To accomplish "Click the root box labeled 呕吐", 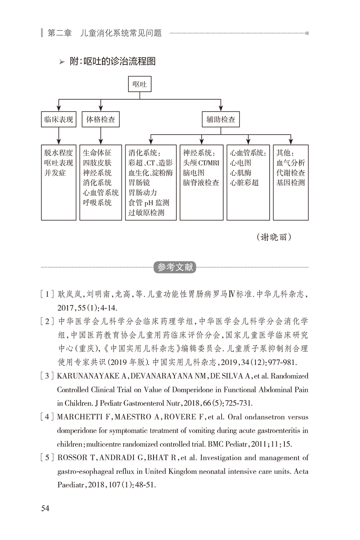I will click(x=140, y=84).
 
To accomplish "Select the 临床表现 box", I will click(x=58, y=119).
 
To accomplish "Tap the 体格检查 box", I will click(x=101, y=119).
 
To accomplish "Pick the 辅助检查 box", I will click(x=220, y=119).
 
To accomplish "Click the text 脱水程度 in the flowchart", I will click(x=58, y=153).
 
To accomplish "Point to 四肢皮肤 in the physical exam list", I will click(x=97, y=163).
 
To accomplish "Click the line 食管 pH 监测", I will click(x=148, y=203).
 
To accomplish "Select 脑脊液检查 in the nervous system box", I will click(x=201, y=183).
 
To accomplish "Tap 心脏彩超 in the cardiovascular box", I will click(x=244, y=183).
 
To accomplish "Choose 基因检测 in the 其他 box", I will click(x=290, y=183).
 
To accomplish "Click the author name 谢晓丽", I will click(x=274, y=237).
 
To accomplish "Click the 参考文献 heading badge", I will click(x=175, y=267).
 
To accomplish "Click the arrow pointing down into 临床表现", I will click(x=58, y=107).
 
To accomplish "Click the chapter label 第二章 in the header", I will click(x=60, y=33).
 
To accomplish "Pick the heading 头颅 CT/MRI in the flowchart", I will click(x=201, y=163).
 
